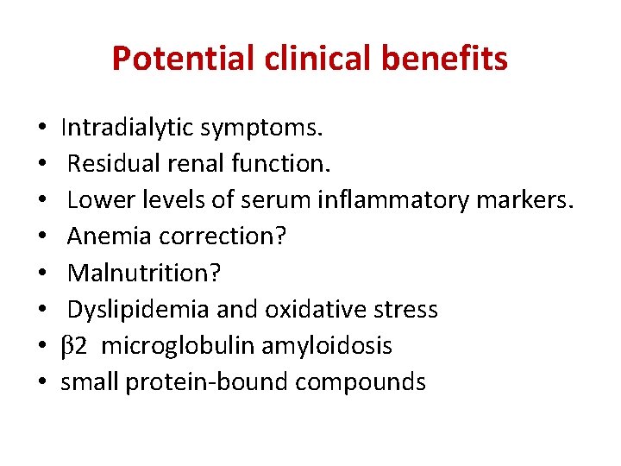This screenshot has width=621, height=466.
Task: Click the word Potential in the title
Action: (183, 59)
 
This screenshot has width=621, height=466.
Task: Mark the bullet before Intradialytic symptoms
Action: (42, 129)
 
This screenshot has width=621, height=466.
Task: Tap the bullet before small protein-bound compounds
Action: (42, 383)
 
